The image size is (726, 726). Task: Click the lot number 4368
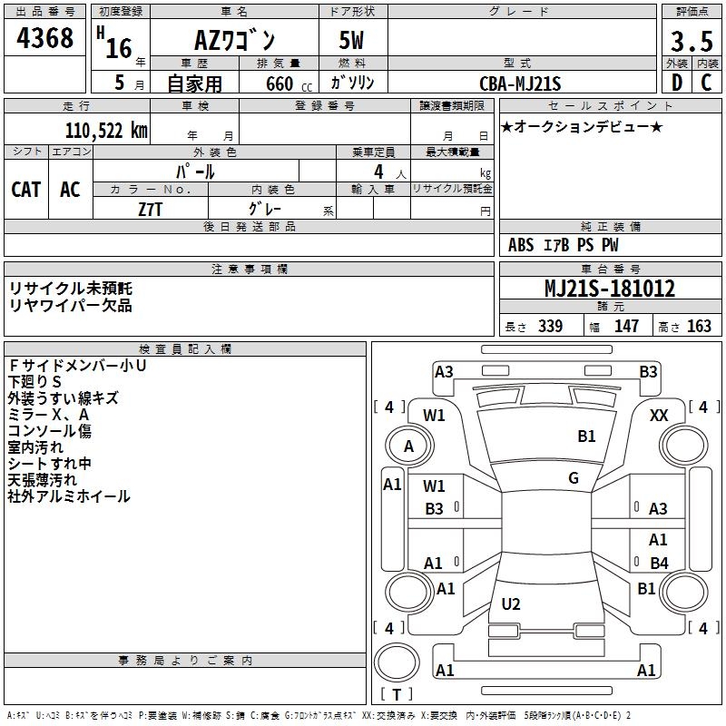point(45,39)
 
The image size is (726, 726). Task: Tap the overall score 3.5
point(691,41)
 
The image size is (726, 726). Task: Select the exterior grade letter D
point(675,82)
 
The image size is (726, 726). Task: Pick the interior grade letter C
point(706,82)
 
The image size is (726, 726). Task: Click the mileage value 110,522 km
point(105,130)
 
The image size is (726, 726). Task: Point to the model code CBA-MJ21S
point(521,83)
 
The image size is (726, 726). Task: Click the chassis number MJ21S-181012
point(609,289)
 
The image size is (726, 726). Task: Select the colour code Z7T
point(151,208)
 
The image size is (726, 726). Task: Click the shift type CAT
point(26,189)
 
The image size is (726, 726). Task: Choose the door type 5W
point(353,42)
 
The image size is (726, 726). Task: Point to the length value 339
point(549,327)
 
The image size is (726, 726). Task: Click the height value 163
point(699,327)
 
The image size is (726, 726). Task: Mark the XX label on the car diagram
point(659,415)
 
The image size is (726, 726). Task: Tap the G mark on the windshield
point(574,478)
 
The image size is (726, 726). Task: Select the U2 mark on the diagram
point(511,603)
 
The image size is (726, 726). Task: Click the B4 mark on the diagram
point(659,564)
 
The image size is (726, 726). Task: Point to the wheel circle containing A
point(408,446)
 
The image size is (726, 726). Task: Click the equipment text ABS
point(521,245)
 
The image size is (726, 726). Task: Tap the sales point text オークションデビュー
point(581,127)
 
